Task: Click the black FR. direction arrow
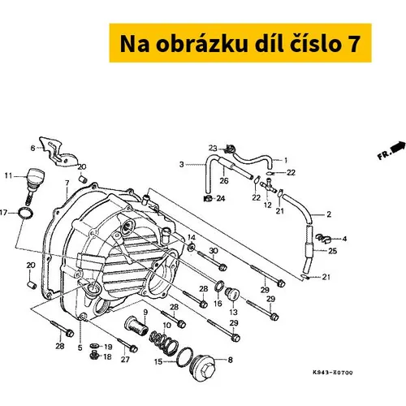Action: pyautogui.click(x=399, y=147)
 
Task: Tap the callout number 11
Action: pyautogui.click(x=9, y=176)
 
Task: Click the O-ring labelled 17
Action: pyautogui.click(x=25, y=213)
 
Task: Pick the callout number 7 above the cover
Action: pyautogui.click(x=67, y=183)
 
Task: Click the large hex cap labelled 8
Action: pyautogui.click(x=205, y=367)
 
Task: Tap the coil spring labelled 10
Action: pyautogui.click(x=164, y=341)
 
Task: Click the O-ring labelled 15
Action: pyautogui.click(x=184, y=357)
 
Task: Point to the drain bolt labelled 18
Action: pyautogui.click(x=93, y=356)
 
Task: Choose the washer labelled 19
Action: pyautogui.click(x=94, y=346)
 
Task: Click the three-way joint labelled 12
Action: pyautogui.click(x=269, y=185)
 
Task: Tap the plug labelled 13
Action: pyautogui.click(x=232, y=293)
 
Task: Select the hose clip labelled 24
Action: pyautogui.click(x=208, y=198)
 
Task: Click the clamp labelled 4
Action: pyautogui.click(x=323, y=239)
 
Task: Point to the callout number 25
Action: pyautogui.click(x=332, y=251)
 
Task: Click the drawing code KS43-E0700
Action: pyautogui.click(x=333, y=373)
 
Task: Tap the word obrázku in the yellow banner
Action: pyautogui.click(x=202, y=44)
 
